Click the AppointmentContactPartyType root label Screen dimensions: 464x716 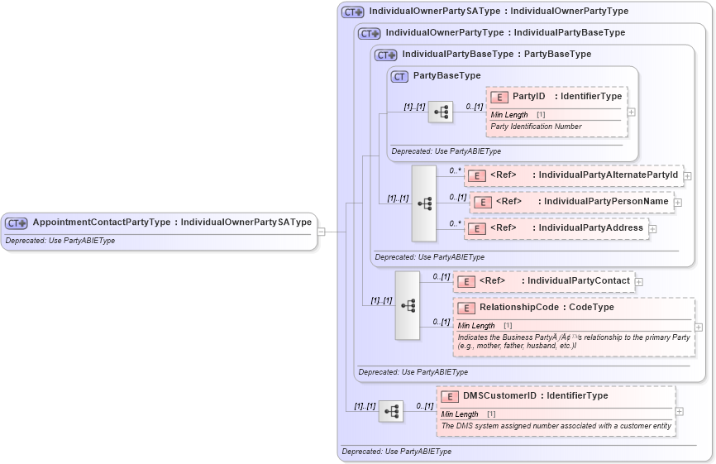pos(171,222)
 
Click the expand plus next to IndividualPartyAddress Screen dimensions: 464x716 pos(652,229)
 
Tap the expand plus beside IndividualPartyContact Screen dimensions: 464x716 pos(639,282)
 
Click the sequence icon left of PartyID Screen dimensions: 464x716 pos(440,112)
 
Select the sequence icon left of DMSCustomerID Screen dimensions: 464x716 pos(391,411)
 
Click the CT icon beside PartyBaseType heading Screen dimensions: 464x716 pos(400,76)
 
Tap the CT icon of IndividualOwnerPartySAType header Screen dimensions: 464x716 pos(353,12)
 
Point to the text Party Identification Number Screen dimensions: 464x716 pos(536,127)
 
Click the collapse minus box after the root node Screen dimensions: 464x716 pos(322,232)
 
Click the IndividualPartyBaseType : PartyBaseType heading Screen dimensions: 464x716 pos(496,55)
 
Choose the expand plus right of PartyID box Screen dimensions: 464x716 pos(632,112)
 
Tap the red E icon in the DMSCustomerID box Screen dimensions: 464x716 pos(450,396)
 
